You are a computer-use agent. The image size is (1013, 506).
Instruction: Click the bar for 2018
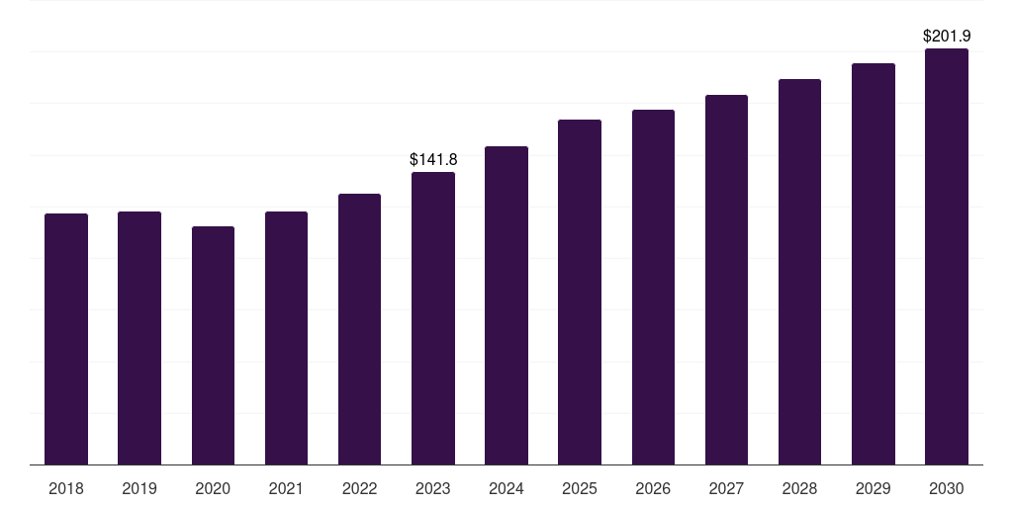coord(66,339)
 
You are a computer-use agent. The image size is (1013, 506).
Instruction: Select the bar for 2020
coord(213,346)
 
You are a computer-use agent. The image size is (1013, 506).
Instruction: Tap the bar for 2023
coord(433,318)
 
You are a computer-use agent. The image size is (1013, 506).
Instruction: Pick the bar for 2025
coord(580,293)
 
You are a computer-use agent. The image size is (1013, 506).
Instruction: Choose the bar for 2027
coord(726,280)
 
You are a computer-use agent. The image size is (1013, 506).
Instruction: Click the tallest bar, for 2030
coord(947,257)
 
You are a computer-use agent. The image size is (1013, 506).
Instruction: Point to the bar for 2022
coord(359,329)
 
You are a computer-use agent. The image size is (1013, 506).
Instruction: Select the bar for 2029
coord(874,264)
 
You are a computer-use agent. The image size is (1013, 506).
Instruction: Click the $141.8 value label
coord(433,159)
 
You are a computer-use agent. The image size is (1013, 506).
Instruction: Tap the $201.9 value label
coord(947,36)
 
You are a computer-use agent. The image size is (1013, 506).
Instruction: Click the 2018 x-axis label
coord(66,488)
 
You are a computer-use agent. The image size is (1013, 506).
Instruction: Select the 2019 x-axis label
coord(139,488)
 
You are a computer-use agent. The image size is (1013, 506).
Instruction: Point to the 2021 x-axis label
coord(286,488)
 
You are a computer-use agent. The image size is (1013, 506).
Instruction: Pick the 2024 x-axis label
coord(506,488)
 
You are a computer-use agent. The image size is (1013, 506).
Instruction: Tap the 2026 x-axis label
coord(653,488)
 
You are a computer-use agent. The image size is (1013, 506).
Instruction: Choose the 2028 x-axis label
coord(799,488)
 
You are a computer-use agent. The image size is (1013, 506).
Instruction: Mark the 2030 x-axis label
coord(947,488)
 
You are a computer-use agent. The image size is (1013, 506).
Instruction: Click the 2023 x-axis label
coord(433,488)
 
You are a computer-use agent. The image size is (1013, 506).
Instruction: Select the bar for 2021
coord(286,338)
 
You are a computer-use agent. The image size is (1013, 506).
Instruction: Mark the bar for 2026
coord(653,288)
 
